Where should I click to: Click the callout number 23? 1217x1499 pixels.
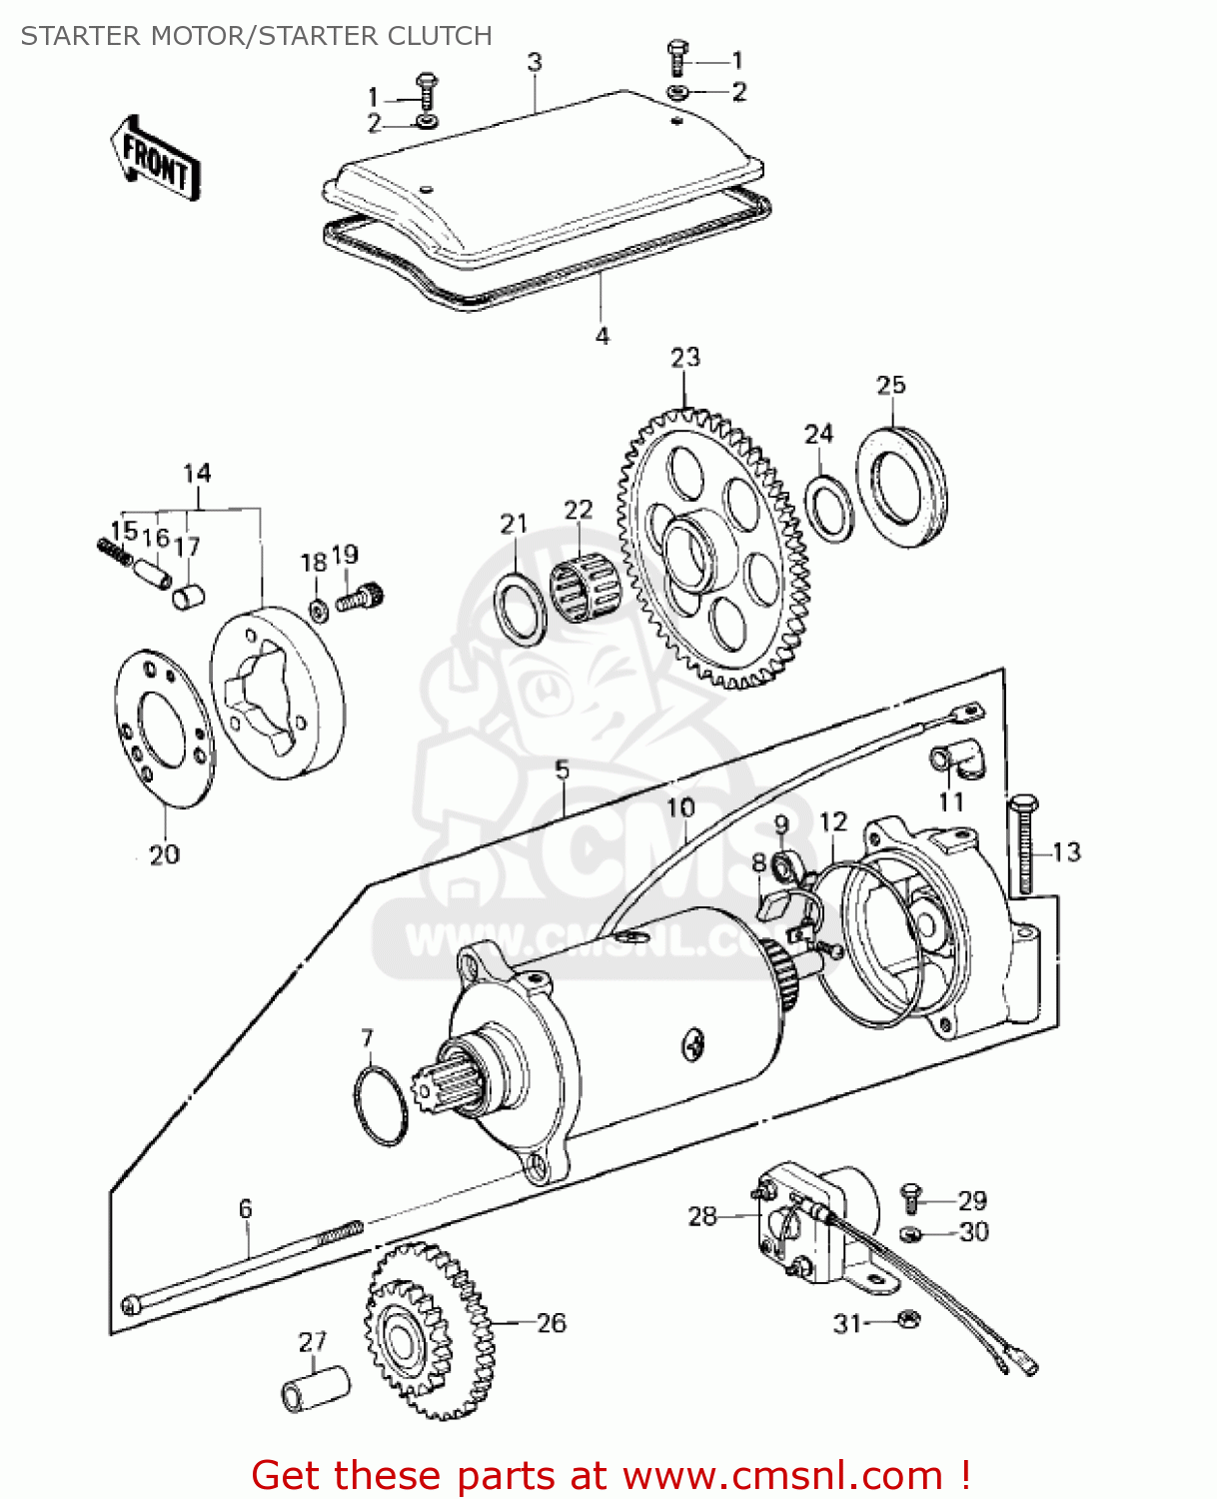point(685,358)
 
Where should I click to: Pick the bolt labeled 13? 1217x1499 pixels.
point(1025,845)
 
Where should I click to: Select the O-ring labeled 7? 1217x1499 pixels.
point(381,1106)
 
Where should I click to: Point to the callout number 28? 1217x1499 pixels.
point(702,1216)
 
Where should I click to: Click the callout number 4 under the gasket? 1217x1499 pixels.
point(603,337)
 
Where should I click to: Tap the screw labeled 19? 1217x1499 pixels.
point(360,598)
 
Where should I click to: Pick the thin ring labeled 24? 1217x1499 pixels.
point(829,508)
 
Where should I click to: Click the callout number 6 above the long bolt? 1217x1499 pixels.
point(246,1208)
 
